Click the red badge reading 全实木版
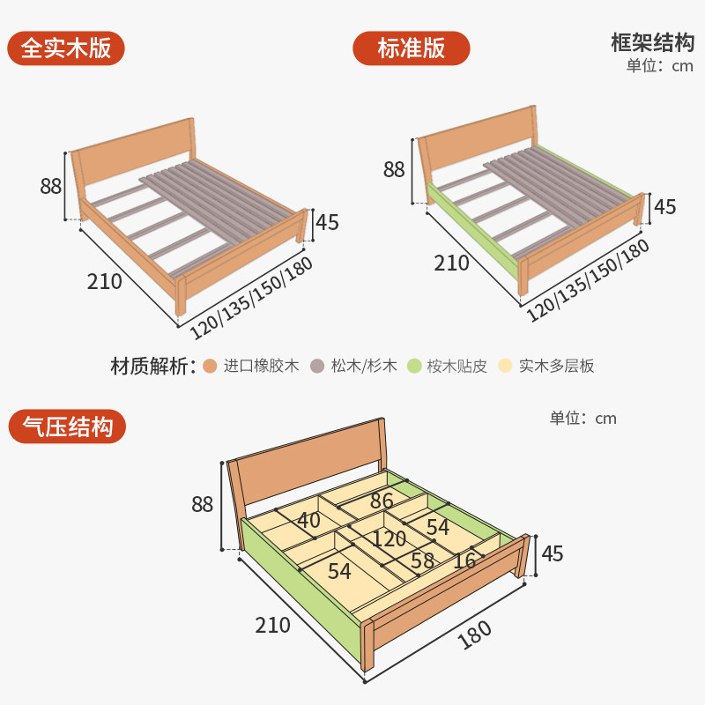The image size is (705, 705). click(x=66, y=48)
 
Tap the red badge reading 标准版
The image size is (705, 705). click(x=411, y=48)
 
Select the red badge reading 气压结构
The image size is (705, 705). click(x=66, y=427)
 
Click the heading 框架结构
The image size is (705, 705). click(x=652, y=42)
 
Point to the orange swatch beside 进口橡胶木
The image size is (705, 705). click(x=209, y=366)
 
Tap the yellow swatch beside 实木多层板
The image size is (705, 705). click(x=505, y=366)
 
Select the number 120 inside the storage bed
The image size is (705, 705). click(x=388, y=539)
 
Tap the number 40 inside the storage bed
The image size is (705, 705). click(x=308, y=520)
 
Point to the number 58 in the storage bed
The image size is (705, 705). click(x=422, y=560)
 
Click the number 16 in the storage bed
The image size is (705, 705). click(x=464, y=560)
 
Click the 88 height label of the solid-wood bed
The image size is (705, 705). click(x=50, y=187)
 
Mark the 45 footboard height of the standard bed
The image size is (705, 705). click(x=665, y=207)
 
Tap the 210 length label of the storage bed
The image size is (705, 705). click(x=272, y=626)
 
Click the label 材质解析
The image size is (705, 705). click(x=152, y=366)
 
